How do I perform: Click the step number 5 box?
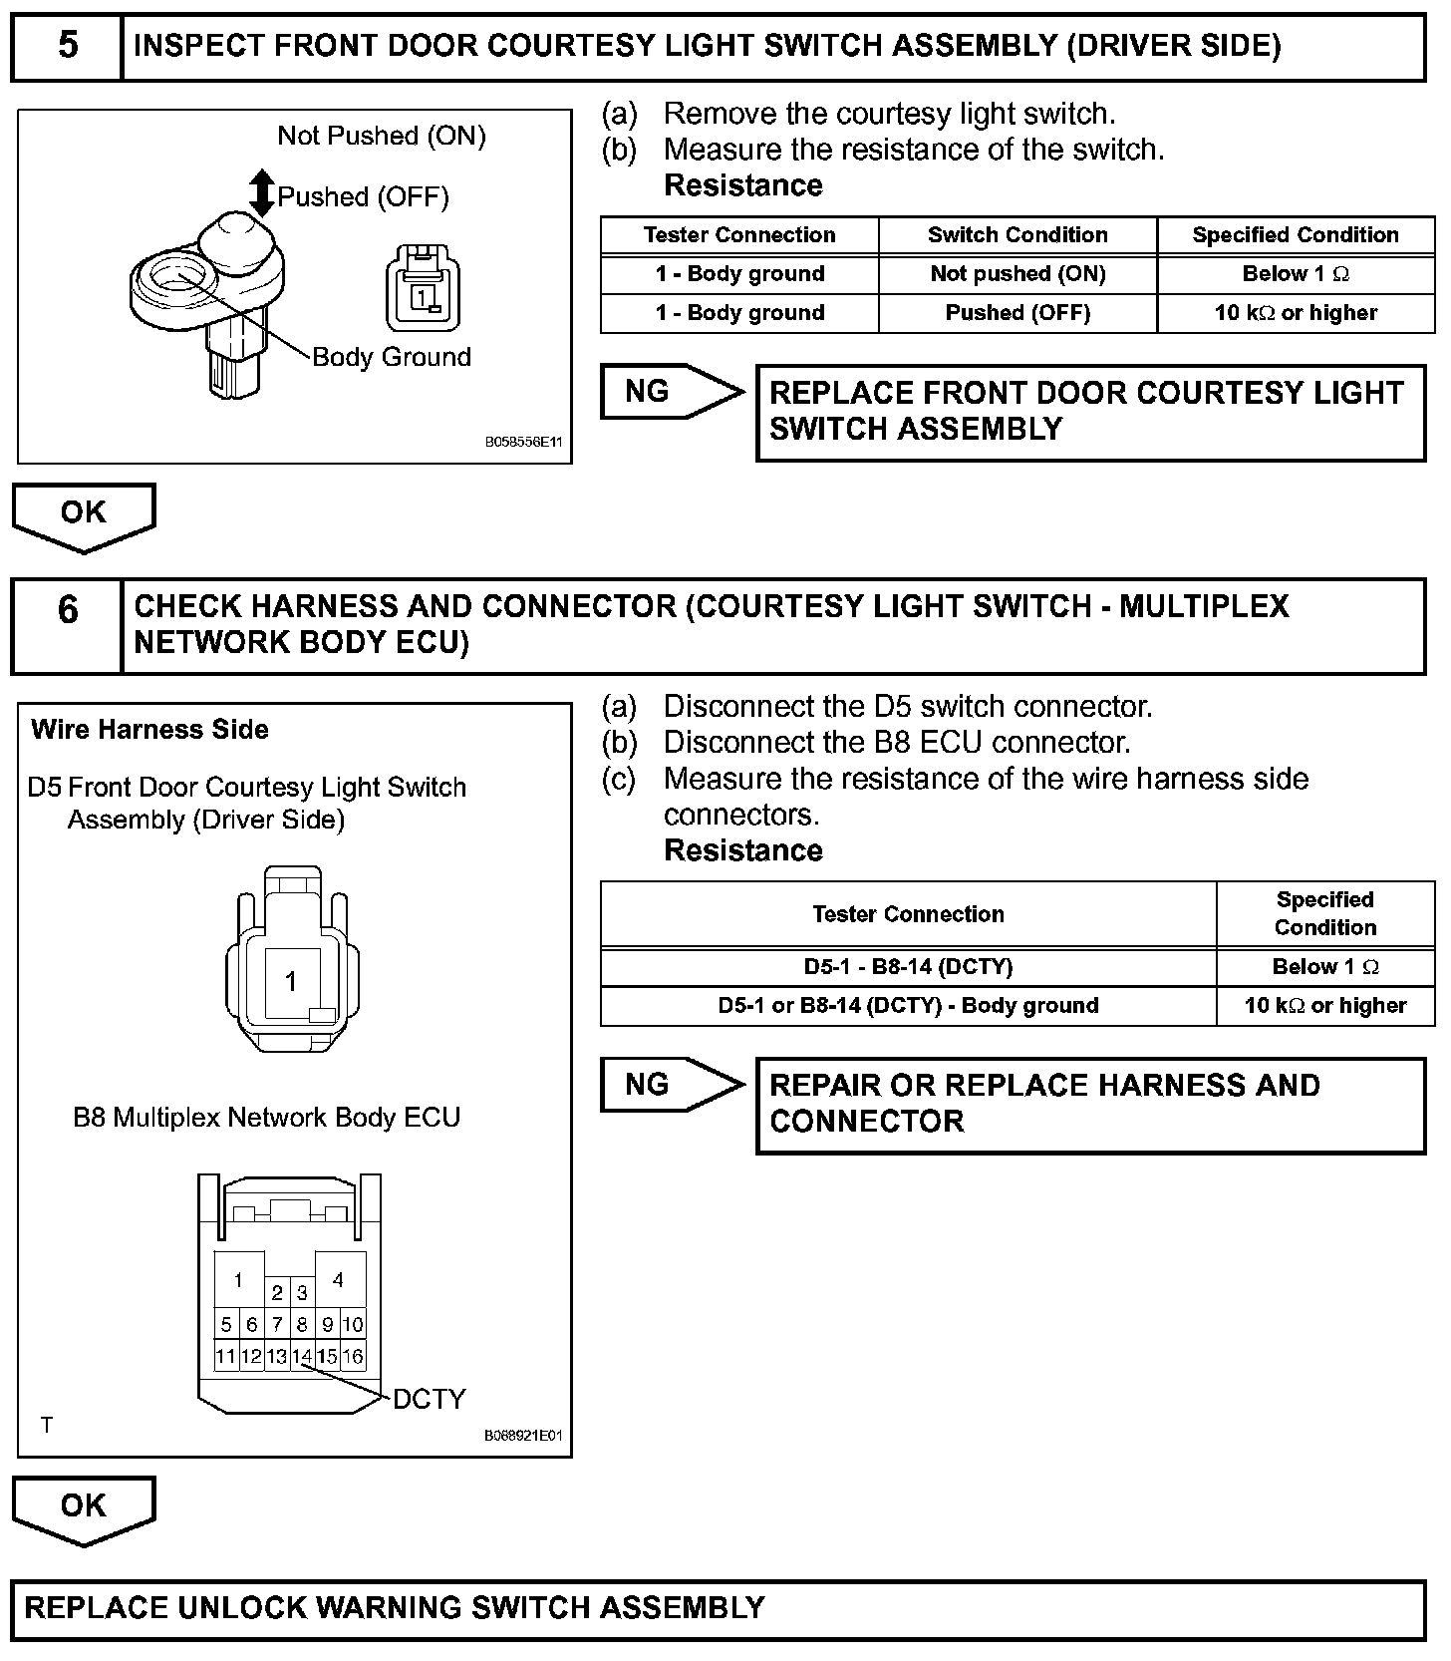[67, 46]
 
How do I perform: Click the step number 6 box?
[67, 626]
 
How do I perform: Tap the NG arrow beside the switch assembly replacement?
[671, 391]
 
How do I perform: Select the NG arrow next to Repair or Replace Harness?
[671, 1084]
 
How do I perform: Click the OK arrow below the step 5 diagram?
[84, 514]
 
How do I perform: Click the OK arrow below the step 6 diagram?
[84, 1506]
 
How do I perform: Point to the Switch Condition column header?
[1017, 235]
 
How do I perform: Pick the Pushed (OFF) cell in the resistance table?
[1017, 313]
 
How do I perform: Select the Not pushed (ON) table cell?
[1017, 274]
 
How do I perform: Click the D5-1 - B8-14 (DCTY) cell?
[908, 967]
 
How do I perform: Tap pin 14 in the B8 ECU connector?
[302, 1356]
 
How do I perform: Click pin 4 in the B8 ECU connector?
[339, 1279]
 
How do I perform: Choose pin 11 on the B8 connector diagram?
[226, 1356]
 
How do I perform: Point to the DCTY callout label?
[429, 1399]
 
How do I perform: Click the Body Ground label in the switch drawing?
[392, 357]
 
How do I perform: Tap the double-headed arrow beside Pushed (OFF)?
[262, 193]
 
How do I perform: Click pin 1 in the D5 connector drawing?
[291, 982]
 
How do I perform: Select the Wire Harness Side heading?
[150, 730]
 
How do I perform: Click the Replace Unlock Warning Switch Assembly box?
[718, 1607]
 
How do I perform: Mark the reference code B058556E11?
[524, 442]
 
